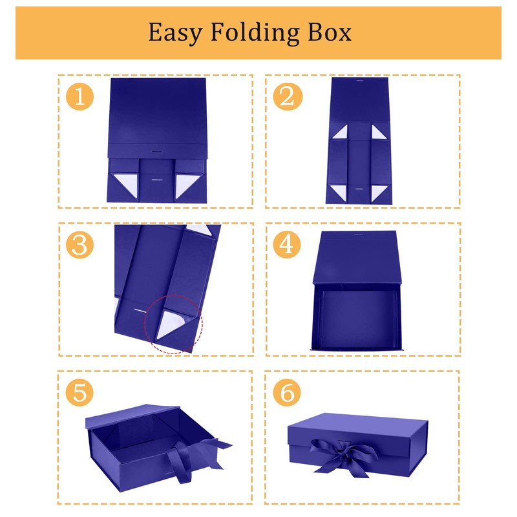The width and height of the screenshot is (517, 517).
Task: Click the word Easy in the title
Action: coord(172,32)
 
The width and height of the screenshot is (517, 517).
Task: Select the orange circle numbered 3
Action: coord(79,245)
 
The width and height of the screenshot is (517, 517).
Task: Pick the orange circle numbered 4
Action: coord(288,245)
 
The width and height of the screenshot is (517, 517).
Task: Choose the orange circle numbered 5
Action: coord(79,393)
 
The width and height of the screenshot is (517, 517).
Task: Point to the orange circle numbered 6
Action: coord(288,393)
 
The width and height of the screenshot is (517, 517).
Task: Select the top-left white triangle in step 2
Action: coord(340,133)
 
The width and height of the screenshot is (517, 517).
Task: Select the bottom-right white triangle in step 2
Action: coord(378,192)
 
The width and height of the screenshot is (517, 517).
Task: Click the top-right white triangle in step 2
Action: coord(378,133)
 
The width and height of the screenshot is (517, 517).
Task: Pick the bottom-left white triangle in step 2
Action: coord(340,192)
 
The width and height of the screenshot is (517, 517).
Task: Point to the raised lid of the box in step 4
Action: coord(359,258)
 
